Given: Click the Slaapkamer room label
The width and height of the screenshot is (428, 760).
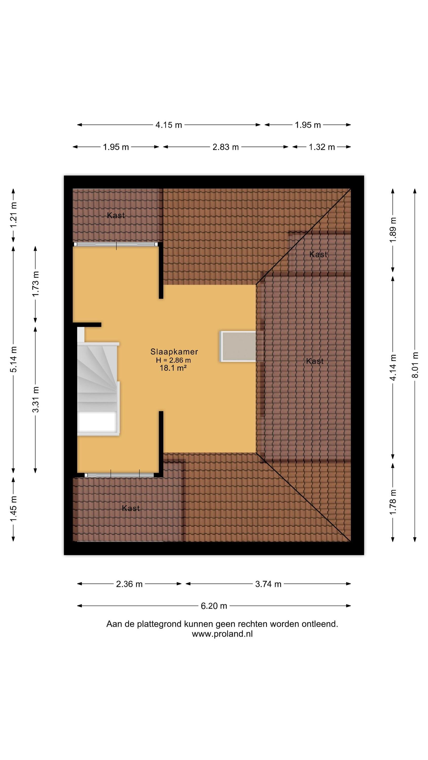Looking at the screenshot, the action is (174, 351).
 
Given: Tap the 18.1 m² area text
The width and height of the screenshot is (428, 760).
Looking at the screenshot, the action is (173, 368).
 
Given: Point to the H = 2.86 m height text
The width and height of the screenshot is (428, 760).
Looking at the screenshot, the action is (173, 360).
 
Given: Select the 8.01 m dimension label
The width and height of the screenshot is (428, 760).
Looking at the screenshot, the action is (415, 365).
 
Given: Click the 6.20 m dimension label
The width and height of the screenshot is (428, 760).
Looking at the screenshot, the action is (214, 606).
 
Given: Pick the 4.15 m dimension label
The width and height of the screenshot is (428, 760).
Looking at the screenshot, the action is (169, 125).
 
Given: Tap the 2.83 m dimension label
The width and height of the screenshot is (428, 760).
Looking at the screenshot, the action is (226, 147).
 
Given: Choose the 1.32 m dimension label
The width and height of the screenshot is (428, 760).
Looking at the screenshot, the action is (322, 147).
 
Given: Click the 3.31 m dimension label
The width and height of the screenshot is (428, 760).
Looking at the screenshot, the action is (35, 400).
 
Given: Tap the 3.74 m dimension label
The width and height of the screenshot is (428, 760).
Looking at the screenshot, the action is (268, 584).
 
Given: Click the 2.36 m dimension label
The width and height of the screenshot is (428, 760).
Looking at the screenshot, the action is (129, 584).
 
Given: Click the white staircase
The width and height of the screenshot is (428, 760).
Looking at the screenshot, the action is (98, 389).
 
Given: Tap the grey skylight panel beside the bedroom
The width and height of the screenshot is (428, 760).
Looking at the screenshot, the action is (238, 346).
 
